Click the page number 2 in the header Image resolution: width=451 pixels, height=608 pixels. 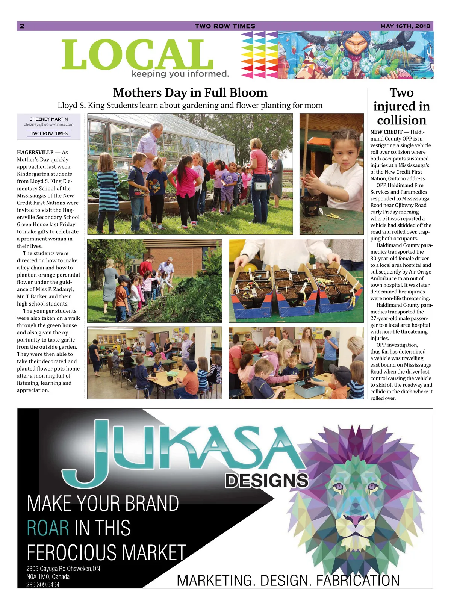pyautogui.click(x=22, y=26)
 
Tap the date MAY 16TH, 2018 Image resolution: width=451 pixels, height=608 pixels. pyautogui.click(x=405, y=26)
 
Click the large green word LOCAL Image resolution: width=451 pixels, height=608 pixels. pyautogui.click(x=137, y=55)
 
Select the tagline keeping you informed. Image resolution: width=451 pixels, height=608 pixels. pyautogui.click(x=180, y=74)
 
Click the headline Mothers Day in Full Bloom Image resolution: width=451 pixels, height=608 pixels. pyautogui.click(x=190, y=92)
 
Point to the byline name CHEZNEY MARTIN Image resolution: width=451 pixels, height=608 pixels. pyautogui.click(x=48, y=119)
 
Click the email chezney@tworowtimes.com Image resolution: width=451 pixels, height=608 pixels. pyautogui.click(x=48, y=124)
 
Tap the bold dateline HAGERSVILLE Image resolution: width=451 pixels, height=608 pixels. pyautogui.click(x=35, y=152)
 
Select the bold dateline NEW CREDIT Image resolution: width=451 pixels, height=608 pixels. pyautogui.click(x=386, y=132)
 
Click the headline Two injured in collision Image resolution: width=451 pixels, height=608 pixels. pyautogui.click(x=401, y=106)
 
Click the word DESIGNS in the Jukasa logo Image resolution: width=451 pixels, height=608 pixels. pyautogui.click(x=266, y=481)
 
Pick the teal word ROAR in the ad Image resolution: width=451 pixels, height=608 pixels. pyautogui.click(x=48, y=528)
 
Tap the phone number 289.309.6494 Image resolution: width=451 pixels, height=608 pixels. pyautogui.click(x=43, y=585)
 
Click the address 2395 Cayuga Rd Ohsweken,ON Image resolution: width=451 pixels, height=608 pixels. pyautogui.click(x=63, y=569)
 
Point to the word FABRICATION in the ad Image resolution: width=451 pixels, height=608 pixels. pyautogui.click(x=358, y=581)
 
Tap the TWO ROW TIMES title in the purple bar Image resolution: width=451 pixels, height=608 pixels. pyautogui.click(x=225, y=26)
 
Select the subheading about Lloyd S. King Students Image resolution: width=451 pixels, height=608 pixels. pyautogui.click(x=190, y=106)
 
